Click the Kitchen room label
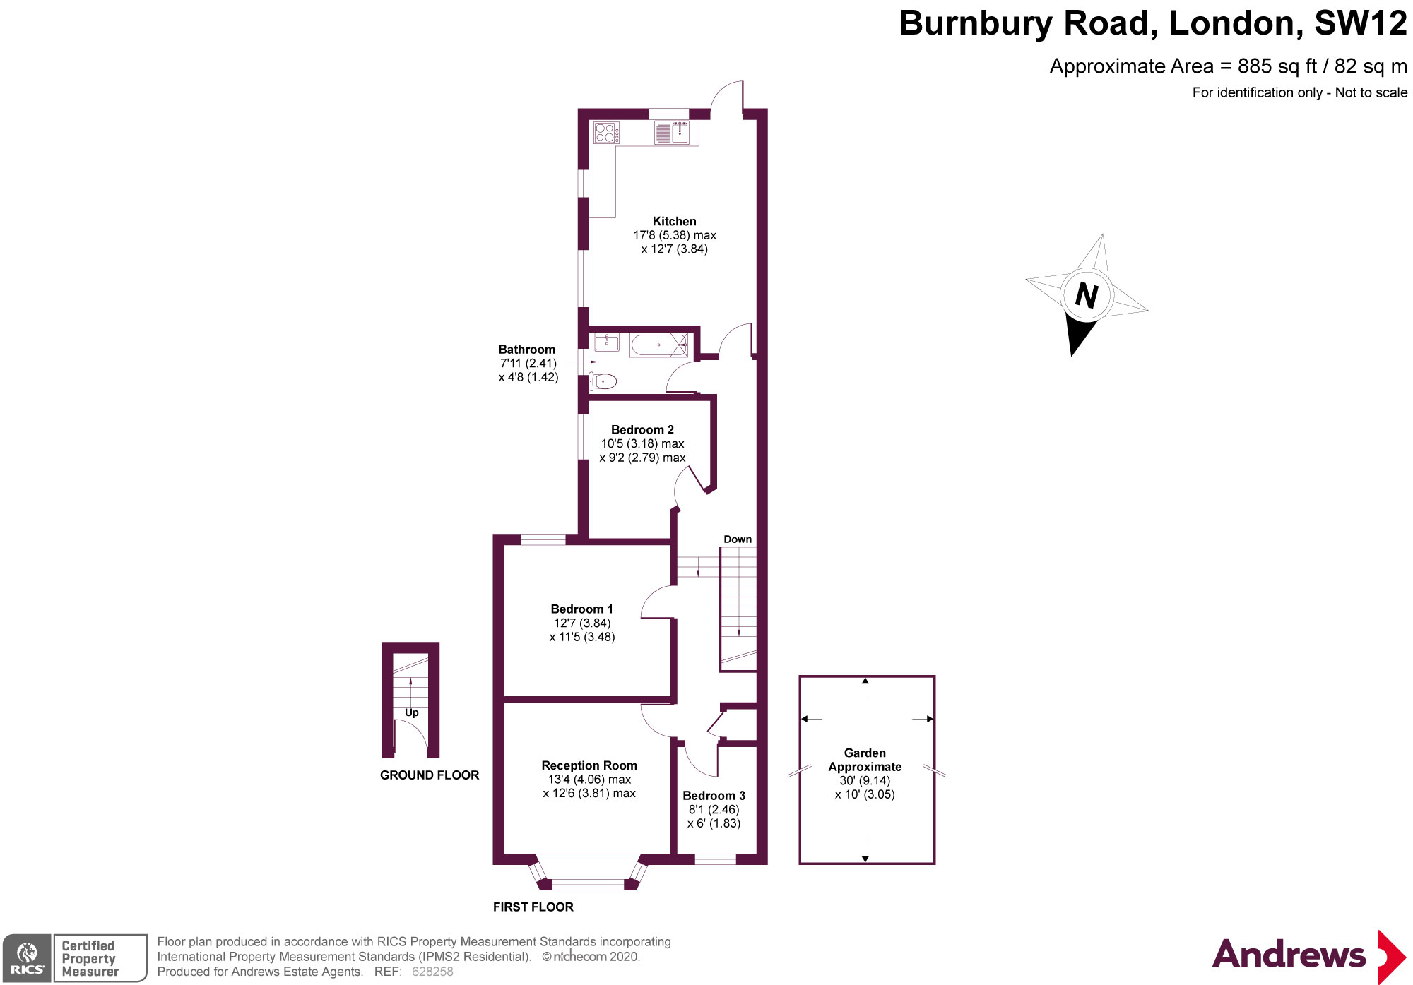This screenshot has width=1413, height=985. click(x=674, y=222)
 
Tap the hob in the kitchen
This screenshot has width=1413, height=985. click(x=605, y=133)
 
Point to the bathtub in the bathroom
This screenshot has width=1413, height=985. click(x=658, y=345)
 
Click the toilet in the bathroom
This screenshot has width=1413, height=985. click(x=604, y=382)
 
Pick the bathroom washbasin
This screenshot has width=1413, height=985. click(x=606, y=342)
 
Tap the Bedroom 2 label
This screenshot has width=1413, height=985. click(x=642, y=430)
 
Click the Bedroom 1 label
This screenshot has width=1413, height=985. click(x=581, y=609)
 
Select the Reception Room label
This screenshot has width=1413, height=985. click(x=589, y=765)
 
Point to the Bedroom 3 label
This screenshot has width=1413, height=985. click(x=714, y=796)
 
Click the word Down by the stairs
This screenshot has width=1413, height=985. click(x=738, y=539)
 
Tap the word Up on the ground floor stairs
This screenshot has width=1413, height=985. click(x=412, y=713)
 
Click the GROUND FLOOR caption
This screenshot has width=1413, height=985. click(x=430, y=775)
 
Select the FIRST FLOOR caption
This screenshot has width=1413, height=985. click(x=533, y=907)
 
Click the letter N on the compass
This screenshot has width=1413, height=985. click(x=1087, y=295)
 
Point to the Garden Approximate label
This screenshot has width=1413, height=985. click(x=865, y=760)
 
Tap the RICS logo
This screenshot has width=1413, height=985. click(x=27, y=958)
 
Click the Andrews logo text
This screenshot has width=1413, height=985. click(x=1289, y=955)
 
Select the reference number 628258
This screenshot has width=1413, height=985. click(x=432, y=972)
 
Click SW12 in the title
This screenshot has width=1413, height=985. click(x=1360, y=23)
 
